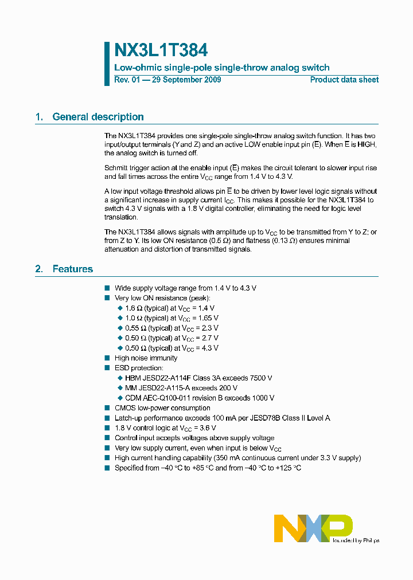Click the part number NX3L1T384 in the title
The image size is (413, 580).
[161, 51]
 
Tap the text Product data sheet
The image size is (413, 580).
[344, 80]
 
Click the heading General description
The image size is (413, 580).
[98, 117]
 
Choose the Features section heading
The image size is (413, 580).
[73, 269]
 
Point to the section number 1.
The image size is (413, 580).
[39, 117]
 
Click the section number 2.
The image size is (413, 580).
[39, 269]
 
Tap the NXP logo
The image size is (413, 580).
[313, 528]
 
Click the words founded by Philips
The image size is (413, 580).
[355, 540]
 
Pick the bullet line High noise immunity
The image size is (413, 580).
[146, 358]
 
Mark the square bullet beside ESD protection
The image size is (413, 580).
[107, 368]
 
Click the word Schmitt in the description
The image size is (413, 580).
[116, 168]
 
